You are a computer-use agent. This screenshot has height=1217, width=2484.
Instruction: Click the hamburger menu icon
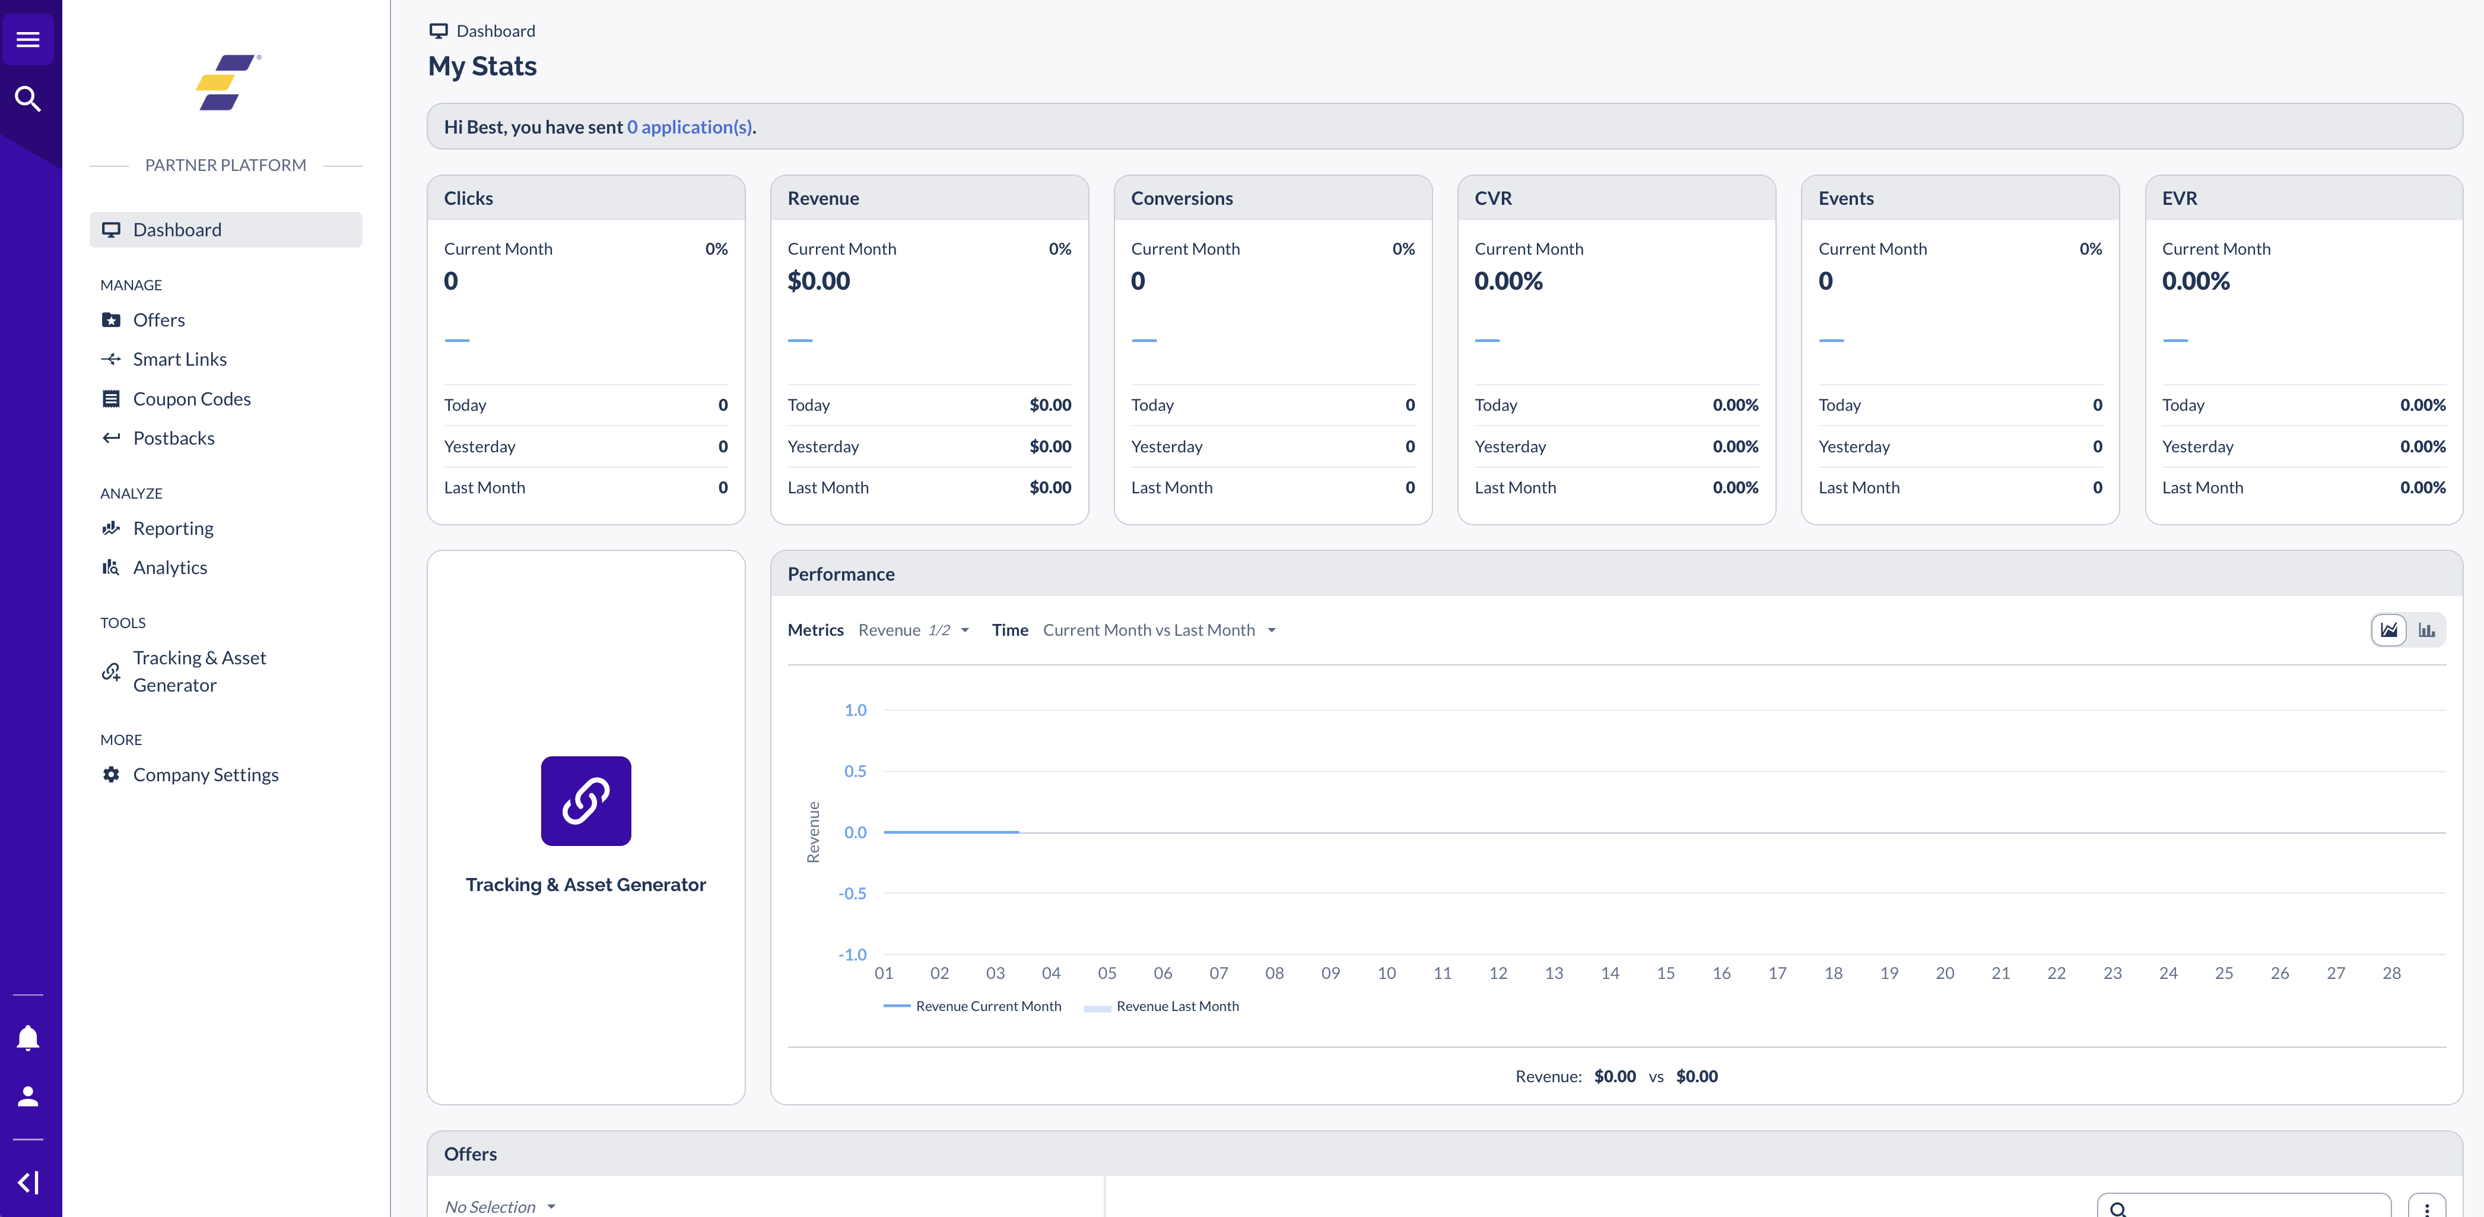pyautogui.click(x=28, y=40)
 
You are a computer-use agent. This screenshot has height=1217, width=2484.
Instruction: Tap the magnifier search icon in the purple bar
pyautogui.click(x=28, y=99)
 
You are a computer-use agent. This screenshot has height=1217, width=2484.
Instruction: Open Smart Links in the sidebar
pyautogui.click(x=179, y=359)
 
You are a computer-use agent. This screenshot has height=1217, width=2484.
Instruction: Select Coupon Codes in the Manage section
pyautogui.click(x=191, y=398)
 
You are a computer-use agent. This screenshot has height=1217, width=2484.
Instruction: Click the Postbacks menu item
pyautogui.click(x=173, y=438)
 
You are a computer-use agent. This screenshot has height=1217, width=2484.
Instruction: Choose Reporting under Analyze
pyautogui.click(x=173, y=528)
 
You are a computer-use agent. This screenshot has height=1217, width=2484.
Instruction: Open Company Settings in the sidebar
pyautogui.click(x=205, y=774)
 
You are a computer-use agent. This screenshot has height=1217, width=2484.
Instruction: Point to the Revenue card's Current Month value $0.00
pyautogui.click(x=819, y=281)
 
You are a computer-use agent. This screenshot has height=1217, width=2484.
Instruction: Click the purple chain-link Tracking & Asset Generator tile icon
pyautogui.click(x=585, y=800)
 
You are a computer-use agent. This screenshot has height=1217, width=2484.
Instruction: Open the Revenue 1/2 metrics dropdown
pyautogui.click(x=912, y=630)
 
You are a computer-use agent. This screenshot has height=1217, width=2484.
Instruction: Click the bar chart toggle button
pyautogui.click(x=2426, y=630)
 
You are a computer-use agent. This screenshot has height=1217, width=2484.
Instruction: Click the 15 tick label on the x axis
pyautogui.click(x=1665, y=973)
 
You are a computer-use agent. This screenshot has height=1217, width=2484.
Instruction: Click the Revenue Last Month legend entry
pyautogui.click(x=1176, y=1006)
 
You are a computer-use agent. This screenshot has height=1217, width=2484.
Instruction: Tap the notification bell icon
pyautogui.click(x=28, y=1038)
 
